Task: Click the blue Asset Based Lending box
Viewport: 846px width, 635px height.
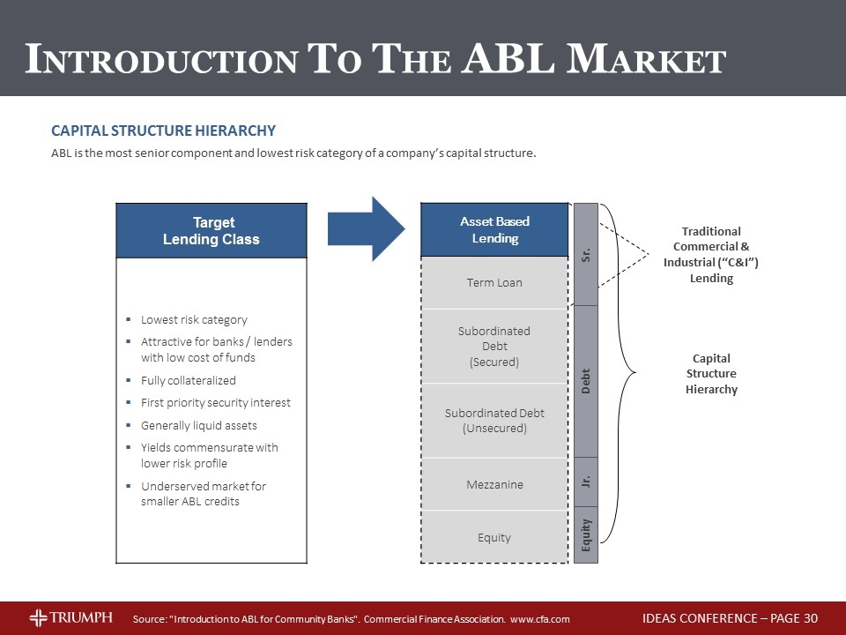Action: click(494, 229)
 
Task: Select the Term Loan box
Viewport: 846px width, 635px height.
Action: click(494, 282)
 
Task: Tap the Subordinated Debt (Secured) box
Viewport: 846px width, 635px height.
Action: click(494, 346)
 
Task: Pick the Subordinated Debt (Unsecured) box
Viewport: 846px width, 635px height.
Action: click(494, 421)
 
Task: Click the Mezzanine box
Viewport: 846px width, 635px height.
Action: click(494, 484)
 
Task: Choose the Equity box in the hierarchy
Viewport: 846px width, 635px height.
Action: click(494, 537)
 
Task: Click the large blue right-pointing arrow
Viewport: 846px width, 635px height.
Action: click(366, 229)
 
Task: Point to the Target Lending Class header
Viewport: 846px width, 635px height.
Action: click(211, 230)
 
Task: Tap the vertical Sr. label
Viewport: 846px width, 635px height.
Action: click(586, 255)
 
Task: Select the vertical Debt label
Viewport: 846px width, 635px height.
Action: click(586, 381)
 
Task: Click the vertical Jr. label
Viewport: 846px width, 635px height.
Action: click(586, 482)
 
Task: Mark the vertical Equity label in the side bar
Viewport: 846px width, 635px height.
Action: click(586, 534)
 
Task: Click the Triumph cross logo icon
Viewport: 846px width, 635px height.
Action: click(38, 617)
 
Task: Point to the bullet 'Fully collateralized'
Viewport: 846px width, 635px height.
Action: click(188, 380)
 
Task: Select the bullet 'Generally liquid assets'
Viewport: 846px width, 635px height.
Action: click(198, 425)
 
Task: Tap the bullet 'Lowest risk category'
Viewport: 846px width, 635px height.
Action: click(194, 319)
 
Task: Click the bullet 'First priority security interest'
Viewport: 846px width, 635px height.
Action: click(215, 402)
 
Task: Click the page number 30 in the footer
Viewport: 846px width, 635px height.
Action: click(811, 618)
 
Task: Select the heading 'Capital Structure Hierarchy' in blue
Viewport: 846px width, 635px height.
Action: click(163, 131)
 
